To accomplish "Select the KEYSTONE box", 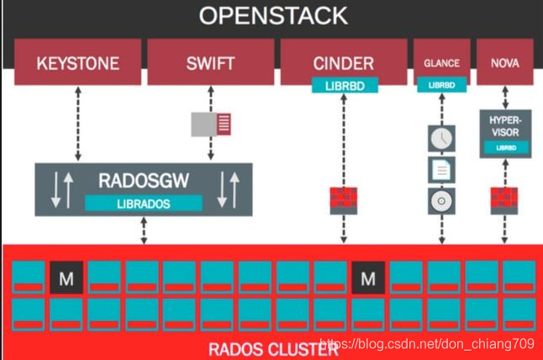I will (78, 63).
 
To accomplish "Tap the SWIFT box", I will (209, 63).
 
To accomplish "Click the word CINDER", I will (344, 62).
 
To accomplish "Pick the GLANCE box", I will (441, 62).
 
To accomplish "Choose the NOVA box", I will (504, 62).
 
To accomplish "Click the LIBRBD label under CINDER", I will (345, 85).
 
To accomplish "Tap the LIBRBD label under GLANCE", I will (441, 86).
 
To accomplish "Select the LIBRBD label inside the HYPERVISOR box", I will (505, 146).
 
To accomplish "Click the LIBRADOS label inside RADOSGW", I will (144, 203).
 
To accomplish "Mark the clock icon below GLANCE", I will (441, 137).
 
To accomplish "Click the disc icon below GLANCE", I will (441, 201).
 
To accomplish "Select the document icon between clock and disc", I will (441, 169).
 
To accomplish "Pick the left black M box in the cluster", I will (66, 276).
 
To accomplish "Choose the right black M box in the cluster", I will (367, 276).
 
